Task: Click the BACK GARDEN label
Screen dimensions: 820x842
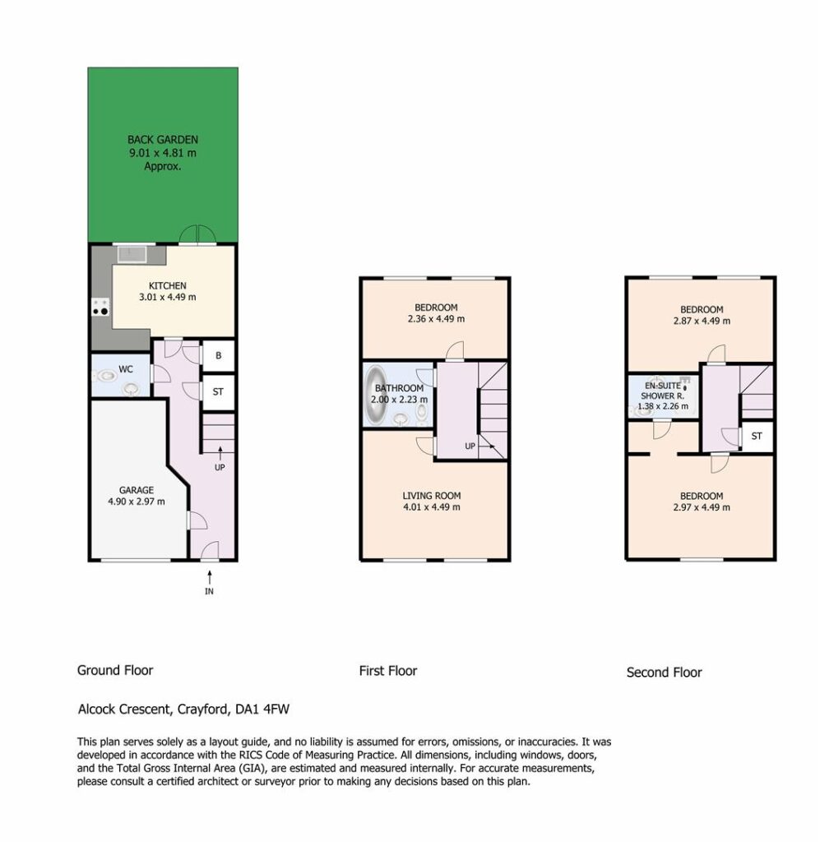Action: pyautogui.click(x=163, y=140)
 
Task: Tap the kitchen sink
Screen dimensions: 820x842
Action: pyautogui.click(x=132, y=254)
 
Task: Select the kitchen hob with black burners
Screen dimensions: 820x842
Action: pyautogui.click(x=100, y=307)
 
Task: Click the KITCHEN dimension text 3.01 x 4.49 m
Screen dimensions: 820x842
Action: pyautogui.click(x=168, y=297)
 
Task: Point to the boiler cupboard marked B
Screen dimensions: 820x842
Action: pyautogui.click(x=218, y=355)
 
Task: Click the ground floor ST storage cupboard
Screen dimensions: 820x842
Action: pyautogui.click(x=218, y=392)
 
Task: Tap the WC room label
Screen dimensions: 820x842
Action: pyautogui.click(x=126, y=369)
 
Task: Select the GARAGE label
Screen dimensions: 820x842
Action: pyautogui.click(x=137, y=490)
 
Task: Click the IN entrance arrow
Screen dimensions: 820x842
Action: pyautogui.click(x=210, y=579)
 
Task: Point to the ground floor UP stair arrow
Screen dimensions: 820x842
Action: pyautogui.click(x=220, y=453)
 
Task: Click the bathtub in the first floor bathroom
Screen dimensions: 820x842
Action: pyautogui.click(x=376, y=396)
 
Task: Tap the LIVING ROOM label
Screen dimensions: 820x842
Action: pyautogui.click(x=432, y=496)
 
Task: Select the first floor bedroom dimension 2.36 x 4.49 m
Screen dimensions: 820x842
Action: pyautogui.click(x=436, y=319)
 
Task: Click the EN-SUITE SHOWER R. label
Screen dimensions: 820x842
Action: pyautogui.click(x=663, y=391)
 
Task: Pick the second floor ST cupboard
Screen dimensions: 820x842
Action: pyautogui.click(x=757, y=436)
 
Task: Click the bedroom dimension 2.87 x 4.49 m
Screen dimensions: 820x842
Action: pyautogui.click(x=702, y=322)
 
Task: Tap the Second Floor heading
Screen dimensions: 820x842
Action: pyautogui.click(x=665, y=673)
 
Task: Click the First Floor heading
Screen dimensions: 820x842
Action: pyautogui.click(x=388, y=671)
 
